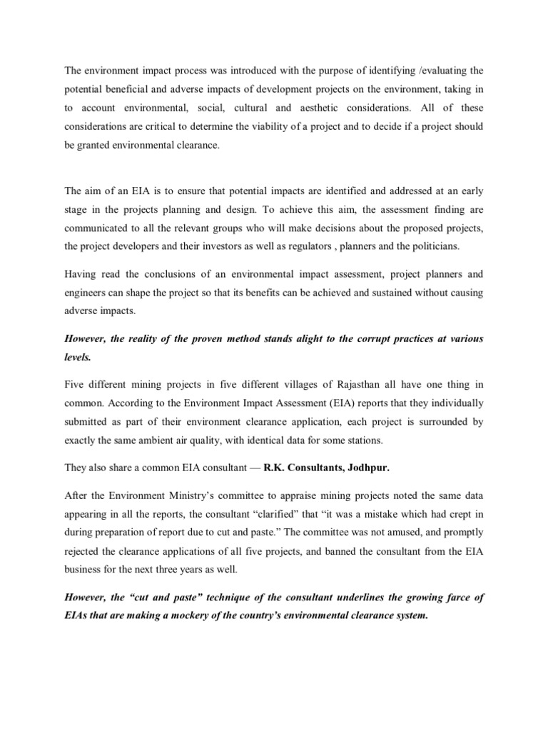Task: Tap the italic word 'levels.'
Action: (76, 358)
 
